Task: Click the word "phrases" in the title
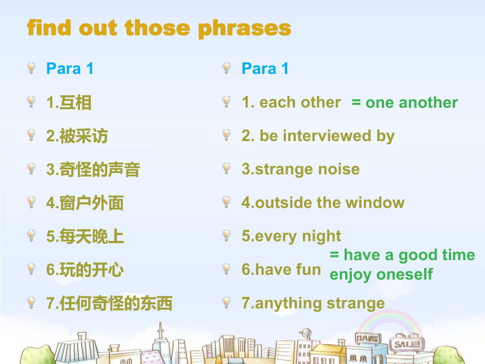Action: pyautogui.click(x=245, y=29)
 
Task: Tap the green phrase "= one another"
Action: pyautogui.click(x=405, y=103)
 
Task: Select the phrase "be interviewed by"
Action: pyautogui.click(x=327, y=136)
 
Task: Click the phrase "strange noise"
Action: pyautogui.click(x=307, y=169)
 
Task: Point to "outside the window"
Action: pyautogui.click(x=330, y=203)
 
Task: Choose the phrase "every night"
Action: pyautogui.click(x=298, y=236)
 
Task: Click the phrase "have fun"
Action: pyautogui.click(x=288, y=270)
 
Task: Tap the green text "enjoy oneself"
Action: pyautogui.click(x=381, y=275)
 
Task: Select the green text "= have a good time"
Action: pyautogui.click(x=403, y=256)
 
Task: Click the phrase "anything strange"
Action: pyautogui.click(x=320, y=304)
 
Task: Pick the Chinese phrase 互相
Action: pyautogui.click(x=75, y=103)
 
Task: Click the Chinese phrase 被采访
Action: pyautogui.click(x=83, y=136)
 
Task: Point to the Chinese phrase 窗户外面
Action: pyautogui.click(x=91, y=203)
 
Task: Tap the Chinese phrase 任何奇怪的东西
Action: pyautogui.click(x=116, y=304)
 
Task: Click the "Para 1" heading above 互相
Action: pyautogui.click(x=69, y=69)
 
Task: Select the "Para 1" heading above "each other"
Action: pyautogui.click(x=265, y=69)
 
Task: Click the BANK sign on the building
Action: pyautogui.click(x=368, y=338)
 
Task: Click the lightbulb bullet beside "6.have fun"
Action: pyautogui.click(x=226, y=269)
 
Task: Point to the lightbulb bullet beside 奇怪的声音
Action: pyautogui.click(x=31, y=169)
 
